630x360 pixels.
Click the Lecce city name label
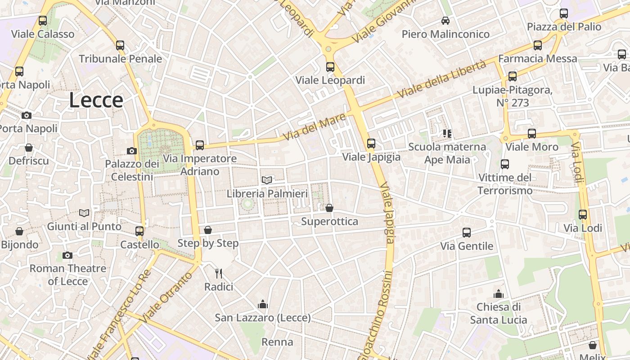tap(96, 100)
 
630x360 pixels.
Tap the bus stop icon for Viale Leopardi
tap(330, 67)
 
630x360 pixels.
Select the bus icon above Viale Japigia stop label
tap(371, 144)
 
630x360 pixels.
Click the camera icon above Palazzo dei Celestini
tap(132, 151)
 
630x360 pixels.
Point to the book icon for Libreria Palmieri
tap(267, 180)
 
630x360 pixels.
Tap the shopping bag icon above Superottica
tap(329, 208)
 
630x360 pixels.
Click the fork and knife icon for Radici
tap(219, 273)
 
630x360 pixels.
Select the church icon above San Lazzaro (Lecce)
tap(263, 305)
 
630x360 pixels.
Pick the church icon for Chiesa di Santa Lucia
tap(498, 294)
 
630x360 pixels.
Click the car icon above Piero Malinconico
tap(445, 21)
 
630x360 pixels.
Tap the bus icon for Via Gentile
tap(467, 233)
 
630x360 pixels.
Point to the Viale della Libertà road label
tap(442, 79)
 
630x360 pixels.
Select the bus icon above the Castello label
tap(139, 231)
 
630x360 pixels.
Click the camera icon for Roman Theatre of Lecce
tap(67, 255)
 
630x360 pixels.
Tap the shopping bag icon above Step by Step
tap(208, 230)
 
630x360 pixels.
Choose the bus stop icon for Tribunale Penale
tap(120, 45)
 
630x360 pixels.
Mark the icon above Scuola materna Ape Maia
tap(447, 133)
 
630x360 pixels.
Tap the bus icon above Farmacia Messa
tap(538, 45)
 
